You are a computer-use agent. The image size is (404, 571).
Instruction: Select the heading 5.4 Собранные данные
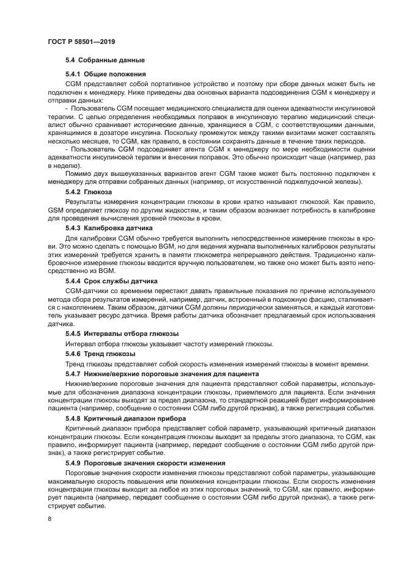(x=105, y=60)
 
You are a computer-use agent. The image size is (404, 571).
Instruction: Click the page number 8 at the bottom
(x=50, y=518)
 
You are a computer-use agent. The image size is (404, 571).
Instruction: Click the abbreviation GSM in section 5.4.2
(x=56, y=209)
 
